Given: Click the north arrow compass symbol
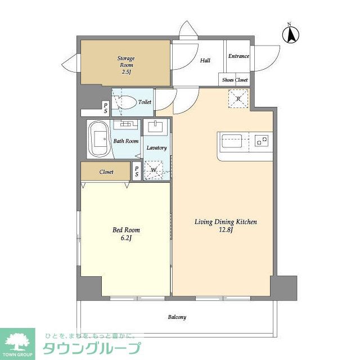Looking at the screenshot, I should click(291, 34).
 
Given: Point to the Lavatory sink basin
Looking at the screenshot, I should click(156, 128).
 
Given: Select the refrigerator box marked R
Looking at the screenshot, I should click(238, 100).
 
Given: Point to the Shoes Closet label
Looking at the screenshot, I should click(235, 80).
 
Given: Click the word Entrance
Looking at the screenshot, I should click(238, 56).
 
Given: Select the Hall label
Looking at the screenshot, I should click(205, 60).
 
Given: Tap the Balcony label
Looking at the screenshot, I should click(177, 317).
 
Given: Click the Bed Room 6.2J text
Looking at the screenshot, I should click(126, 234).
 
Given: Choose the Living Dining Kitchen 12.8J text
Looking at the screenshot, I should click(226, 226).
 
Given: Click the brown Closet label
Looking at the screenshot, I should click(106, 172).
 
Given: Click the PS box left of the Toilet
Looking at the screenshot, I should click(105, 107).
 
